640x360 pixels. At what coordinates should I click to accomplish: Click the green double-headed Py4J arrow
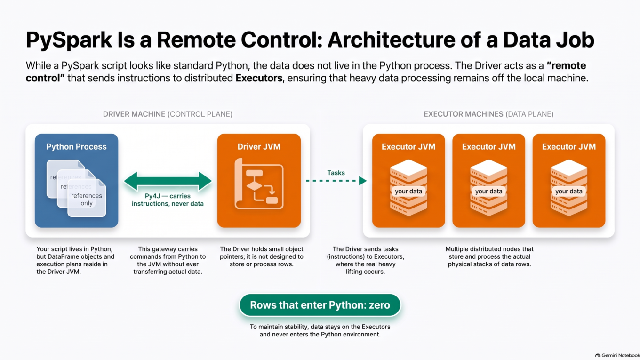click(168, 181)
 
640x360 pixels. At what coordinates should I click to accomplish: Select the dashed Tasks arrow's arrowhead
click(363, 181)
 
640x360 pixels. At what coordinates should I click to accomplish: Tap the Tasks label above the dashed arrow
click(336, 173)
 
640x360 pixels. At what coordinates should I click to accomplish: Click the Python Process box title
click(76, 146)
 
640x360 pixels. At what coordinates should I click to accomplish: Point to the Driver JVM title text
click(259, 146)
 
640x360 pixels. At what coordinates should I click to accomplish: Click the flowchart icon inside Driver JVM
click(259, 184)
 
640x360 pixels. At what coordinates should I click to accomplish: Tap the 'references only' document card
click(87, 198)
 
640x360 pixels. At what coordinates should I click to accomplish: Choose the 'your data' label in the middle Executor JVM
click(488, 191)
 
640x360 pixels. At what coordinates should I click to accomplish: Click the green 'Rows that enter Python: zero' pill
click(320, 305)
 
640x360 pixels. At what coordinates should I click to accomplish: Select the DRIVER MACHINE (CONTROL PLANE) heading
click(168, 114)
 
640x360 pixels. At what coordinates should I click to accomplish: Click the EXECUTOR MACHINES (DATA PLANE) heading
click(488, 114)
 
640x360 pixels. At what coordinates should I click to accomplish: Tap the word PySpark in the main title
click(69, 40)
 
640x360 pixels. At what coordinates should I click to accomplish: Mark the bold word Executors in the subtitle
click(259, 78)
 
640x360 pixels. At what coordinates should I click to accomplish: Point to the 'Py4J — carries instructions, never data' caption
click(168, 200)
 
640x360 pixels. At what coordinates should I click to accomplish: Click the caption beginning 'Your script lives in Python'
click(75, 260)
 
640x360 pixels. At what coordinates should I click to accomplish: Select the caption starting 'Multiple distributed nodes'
click(489, 256)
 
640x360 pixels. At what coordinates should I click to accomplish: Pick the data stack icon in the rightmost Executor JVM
click(569, 187)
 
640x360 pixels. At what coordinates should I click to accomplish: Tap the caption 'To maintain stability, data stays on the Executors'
click(320, 330)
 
